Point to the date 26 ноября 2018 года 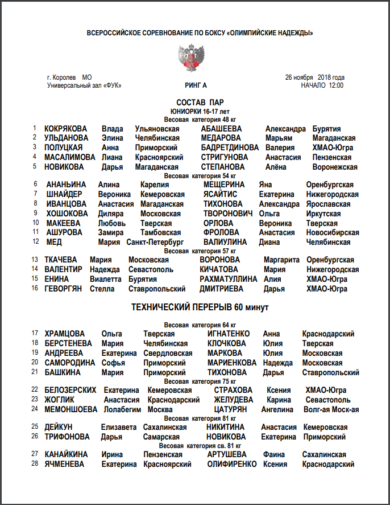click(x=315, y=77)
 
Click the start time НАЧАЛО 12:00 click(x=322, y=85)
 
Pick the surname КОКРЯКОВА click(x=66, y=129)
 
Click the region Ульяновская click(x=157, y=129)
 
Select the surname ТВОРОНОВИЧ click(x=227, y=214)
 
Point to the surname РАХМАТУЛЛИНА click(x=228, y=279)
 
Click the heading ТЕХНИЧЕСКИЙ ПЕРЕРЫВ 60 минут click(x=200, y=307)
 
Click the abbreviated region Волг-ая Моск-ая click(x=331, y=409)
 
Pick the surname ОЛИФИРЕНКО click(x=232, y=464)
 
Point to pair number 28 click(x=35, y=464)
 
